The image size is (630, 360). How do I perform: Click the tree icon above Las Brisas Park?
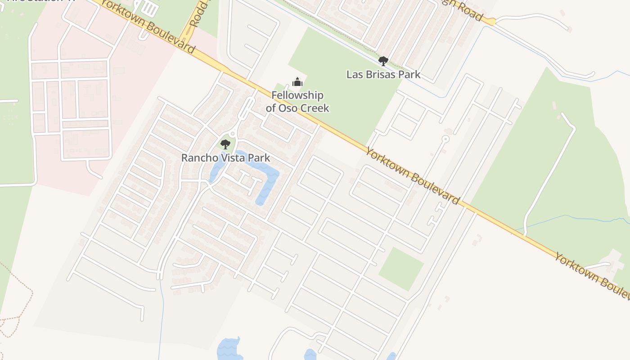coord(383,61)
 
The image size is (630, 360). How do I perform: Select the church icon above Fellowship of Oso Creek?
coord(297,82)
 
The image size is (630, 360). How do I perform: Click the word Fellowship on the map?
coord(297,95)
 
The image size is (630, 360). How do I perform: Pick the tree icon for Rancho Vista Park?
coord(225,144)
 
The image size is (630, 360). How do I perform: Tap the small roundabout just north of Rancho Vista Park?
coord(232,134)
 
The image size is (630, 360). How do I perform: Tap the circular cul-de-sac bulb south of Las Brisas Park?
coord(445,139)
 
